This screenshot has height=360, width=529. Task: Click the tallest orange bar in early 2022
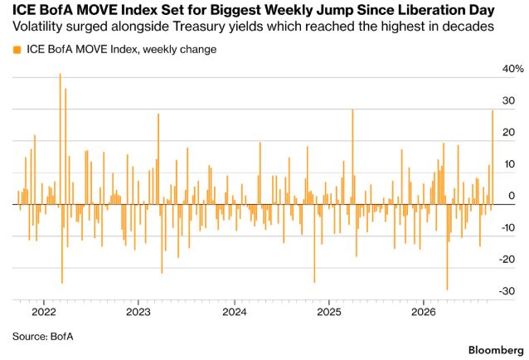point(61,139)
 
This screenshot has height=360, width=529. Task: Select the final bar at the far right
point(493,158)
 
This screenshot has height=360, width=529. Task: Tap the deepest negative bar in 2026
point(448,247)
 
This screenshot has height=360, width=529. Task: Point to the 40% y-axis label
point(512,69)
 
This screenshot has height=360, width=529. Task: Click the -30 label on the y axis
point(507,291)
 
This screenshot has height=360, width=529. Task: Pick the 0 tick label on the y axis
point(512,196)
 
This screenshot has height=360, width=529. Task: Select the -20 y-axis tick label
point(507,259)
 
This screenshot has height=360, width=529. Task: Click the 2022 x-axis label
point(44,312)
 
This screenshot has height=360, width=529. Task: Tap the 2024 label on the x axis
point(235,312)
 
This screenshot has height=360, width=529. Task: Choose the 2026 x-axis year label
point(424,312)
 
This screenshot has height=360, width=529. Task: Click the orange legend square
point(17,50)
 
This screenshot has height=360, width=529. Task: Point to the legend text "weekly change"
point(179,50)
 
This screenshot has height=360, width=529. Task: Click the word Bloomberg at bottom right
point(496,350)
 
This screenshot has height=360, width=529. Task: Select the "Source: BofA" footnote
point(43,337)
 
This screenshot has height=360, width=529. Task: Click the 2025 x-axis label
point(329,312)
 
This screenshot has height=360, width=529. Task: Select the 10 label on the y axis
point(509,164)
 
